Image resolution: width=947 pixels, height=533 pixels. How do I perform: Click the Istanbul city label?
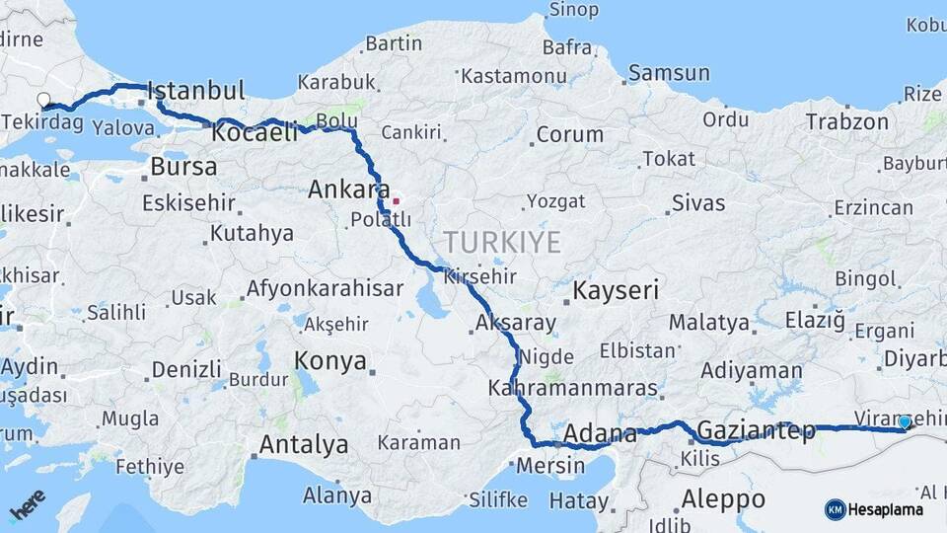pos(197,92)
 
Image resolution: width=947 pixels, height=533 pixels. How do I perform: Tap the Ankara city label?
pos(342,189)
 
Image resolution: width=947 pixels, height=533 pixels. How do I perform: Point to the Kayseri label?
pos(616,291)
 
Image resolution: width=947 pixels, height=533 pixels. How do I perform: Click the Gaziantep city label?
pos(756,430)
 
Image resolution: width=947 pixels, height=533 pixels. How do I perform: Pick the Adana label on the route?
pos(601,433)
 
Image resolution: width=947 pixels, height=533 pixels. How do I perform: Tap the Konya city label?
pos(331,361)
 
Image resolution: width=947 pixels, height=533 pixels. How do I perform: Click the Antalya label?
pos(304,445)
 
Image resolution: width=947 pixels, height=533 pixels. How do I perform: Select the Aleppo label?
pos(723,497)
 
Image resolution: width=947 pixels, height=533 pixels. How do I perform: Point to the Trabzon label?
pos(846,122)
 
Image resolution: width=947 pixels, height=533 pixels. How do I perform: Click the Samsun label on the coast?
pos(669,73)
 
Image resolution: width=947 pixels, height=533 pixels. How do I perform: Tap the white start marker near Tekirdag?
pos(44,100)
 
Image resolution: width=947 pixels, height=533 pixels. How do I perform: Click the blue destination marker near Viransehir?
pos(905,422)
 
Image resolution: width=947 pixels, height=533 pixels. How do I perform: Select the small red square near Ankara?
pos(397,201)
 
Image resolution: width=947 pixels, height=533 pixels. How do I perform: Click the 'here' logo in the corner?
pos(28,505)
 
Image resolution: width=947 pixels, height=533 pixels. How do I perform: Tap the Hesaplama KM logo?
pos(874,509)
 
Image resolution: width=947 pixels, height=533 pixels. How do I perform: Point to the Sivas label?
pos(698,204)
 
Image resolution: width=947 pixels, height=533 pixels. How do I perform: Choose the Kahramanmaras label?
pos(572,389)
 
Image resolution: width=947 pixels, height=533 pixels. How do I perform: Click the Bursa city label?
pos(183,167)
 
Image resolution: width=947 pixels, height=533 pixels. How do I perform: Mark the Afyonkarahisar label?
pos(325,289)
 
